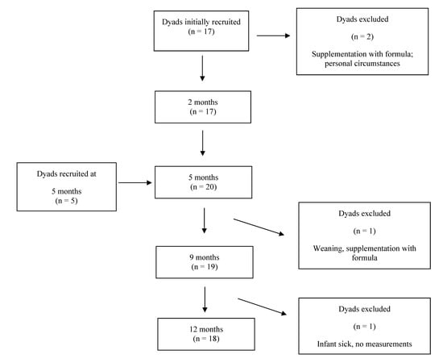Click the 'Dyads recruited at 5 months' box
click(x=68, y=185)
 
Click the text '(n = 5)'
click(x=68, y=199)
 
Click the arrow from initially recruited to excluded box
click(x=274, y=35)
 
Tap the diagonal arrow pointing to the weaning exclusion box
click(x=260, y=227)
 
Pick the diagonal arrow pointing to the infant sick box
click(x=264, y=307)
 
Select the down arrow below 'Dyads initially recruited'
click(x=202, y=69)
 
